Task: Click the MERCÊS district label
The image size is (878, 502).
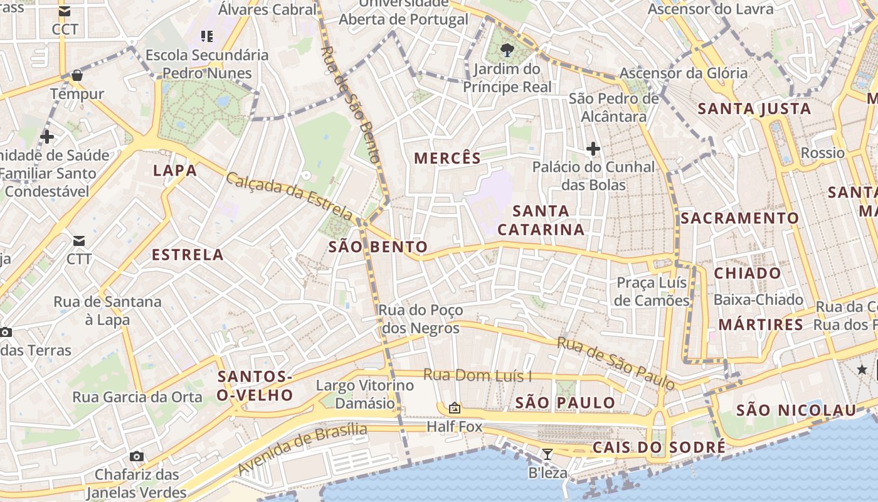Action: [x=447, y=158]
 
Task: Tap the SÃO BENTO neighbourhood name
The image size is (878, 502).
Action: [x=378, y=247]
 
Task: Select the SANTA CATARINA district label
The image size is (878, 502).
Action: [x=541, y=220]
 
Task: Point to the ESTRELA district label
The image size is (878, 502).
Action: [x=188, y=254]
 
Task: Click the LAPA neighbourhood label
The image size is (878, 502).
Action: [x=175, y=170]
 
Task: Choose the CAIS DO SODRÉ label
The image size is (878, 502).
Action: [x=658, y=447]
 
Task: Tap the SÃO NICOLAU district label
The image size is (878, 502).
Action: [x=796, y=410]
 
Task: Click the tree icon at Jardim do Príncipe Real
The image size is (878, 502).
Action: [x=507, y=50]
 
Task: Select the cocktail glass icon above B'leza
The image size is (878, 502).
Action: [x=547, y=454]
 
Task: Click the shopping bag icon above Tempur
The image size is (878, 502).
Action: [x=77, y=75]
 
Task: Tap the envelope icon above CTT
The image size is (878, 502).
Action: [x=79, y=241]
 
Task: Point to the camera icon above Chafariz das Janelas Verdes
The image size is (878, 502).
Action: [x=136, y=456]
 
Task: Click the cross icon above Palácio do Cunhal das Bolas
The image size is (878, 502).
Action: [x=593, y=149]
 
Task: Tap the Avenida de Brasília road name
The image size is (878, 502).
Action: [x=302, y=449]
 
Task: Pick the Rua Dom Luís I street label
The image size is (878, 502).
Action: [x=477, y=375]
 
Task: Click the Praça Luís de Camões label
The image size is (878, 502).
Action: [x=652, y=292]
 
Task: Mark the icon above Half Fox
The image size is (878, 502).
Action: [x=455, y=409]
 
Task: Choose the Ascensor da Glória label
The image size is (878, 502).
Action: [x=684, y=73]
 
